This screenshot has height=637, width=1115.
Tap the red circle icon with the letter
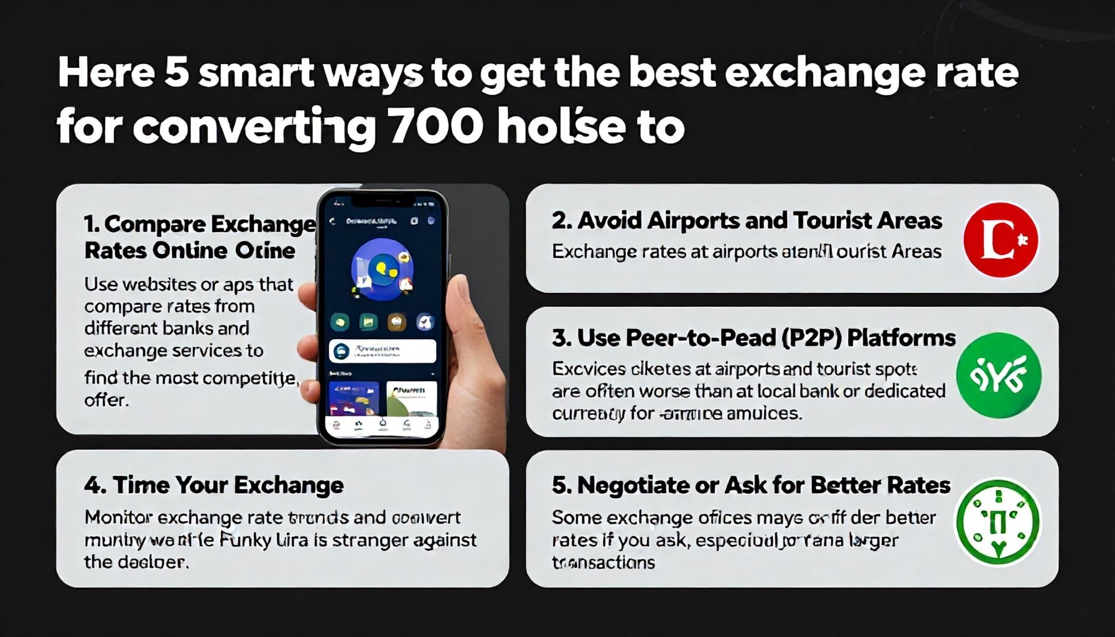pos(1001,239)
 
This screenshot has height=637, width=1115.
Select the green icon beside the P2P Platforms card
pos(999,375)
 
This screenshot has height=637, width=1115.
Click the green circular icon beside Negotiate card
pos(998,521)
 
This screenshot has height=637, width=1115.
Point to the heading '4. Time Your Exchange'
pos(213,485)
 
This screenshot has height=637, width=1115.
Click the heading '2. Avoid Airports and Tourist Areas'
pos(747,221)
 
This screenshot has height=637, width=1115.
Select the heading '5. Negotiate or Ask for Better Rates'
pos(751,485)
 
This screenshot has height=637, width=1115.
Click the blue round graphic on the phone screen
pos(381,269)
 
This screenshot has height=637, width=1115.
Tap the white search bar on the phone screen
pos(382,351)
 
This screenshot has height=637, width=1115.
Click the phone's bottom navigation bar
pos(382,426)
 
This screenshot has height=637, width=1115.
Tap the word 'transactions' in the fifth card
pos(604,562)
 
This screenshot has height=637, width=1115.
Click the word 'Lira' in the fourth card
pos(292,540)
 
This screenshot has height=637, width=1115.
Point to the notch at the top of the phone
pos(382,200)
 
